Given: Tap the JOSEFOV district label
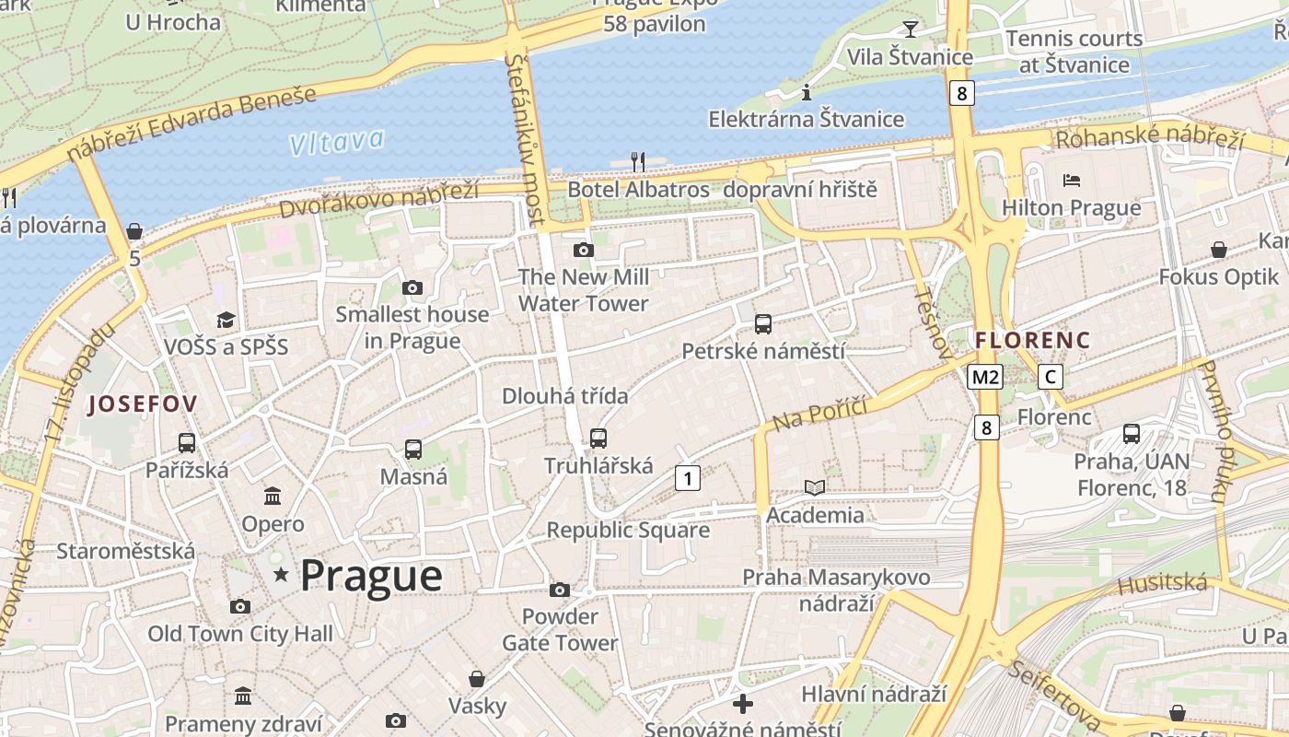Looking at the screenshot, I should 142,404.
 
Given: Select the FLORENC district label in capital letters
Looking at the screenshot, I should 1032,340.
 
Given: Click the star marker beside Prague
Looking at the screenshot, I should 281,575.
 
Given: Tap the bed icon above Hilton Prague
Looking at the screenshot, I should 1072,181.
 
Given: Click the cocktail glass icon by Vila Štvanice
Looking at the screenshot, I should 911,29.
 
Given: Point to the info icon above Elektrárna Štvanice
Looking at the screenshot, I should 807,92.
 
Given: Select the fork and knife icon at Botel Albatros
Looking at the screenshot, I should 638,162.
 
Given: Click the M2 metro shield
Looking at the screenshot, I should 984,376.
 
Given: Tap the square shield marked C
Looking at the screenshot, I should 1050,376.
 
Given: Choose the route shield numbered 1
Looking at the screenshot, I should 687,477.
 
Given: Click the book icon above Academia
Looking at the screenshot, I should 815,487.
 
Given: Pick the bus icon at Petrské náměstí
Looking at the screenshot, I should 763,323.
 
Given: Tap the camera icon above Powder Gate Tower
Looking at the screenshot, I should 560,590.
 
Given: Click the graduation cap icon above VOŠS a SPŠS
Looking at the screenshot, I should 226,320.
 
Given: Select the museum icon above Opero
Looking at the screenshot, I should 273,497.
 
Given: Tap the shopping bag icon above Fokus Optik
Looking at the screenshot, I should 1219,249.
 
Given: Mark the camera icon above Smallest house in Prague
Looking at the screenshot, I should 412,287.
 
